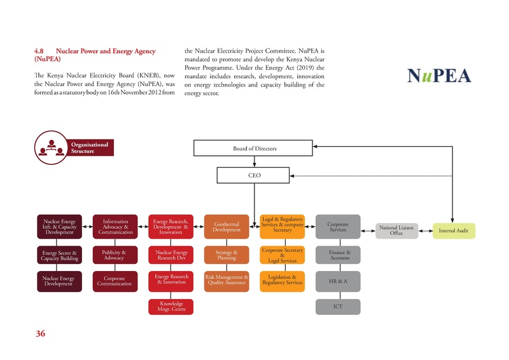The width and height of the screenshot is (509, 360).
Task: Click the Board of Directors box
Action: click(x=254, y=148)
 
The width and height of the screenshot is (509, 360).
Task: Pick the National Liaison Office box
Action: click(x=396, y=230)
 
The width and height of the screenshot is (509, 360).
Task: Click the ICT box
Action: click(x=338, y=307)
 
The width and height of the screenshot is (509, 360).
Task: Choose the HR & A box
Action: click(x=338, y=280)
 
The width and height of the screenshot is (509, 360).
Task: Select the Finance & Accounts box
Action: click(x=338, y=254)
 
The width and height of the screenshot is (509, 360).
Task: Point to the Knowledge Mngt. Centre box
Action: click(x=172, y=307)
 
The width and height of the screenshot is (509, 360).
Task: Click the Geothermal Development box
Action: click(x=227, y=226)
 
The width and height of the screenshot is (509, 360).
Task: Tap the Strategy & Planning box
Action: click(x=227, y=254)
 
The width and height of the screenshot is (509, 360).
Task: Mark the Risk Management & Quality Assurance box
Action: click(x=227, y=280)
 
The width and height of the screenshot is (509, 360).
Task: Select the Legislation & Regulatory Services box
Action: click(x=282, y=280)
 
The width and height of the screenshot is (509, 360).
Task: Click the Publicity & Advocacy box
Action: click(x=115, y=254)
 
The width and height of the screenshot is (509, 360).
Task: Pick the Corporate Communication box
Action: click(x=115, y=280)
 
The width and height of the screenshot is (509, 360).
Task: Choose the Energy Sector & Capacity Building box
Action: click(x=60, y=254)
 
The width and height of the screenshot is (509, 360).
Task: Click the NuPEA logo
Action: click(x=439, y=76)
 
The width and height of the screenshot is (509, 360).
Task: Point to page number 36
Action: click(x=39, y=334)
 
